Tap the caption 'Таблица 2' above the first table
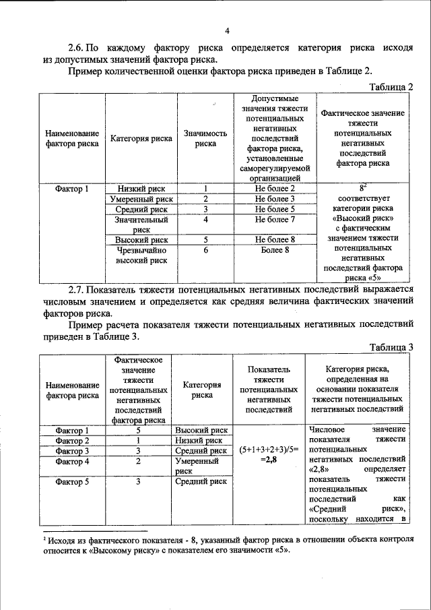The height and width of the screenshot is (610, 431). point(392,87)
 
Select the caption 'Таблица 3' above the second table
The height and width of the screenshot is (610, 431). point(392,346)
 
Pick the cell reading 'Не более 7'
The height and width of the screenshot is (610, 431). point(275,220)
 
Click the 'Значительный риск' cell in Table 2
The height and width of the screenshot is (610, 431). point(141,224)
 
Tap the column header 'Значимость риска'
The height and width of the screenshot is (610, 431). point(205,138)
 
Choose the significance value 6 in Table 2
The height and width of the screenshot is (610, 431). point(205,250)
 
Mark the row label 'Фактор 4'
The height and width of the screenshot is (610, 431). point(73,462)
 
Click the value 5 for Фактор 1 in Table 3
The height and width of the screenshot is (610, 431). point(137,430)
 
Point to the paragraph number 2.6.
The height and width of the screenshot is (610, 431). point(77,49)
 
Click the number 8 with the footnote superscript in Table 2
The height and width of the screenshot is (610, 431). point(363,189)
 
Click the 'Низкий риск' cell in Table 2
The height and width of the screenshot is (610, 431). point(141,189)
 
